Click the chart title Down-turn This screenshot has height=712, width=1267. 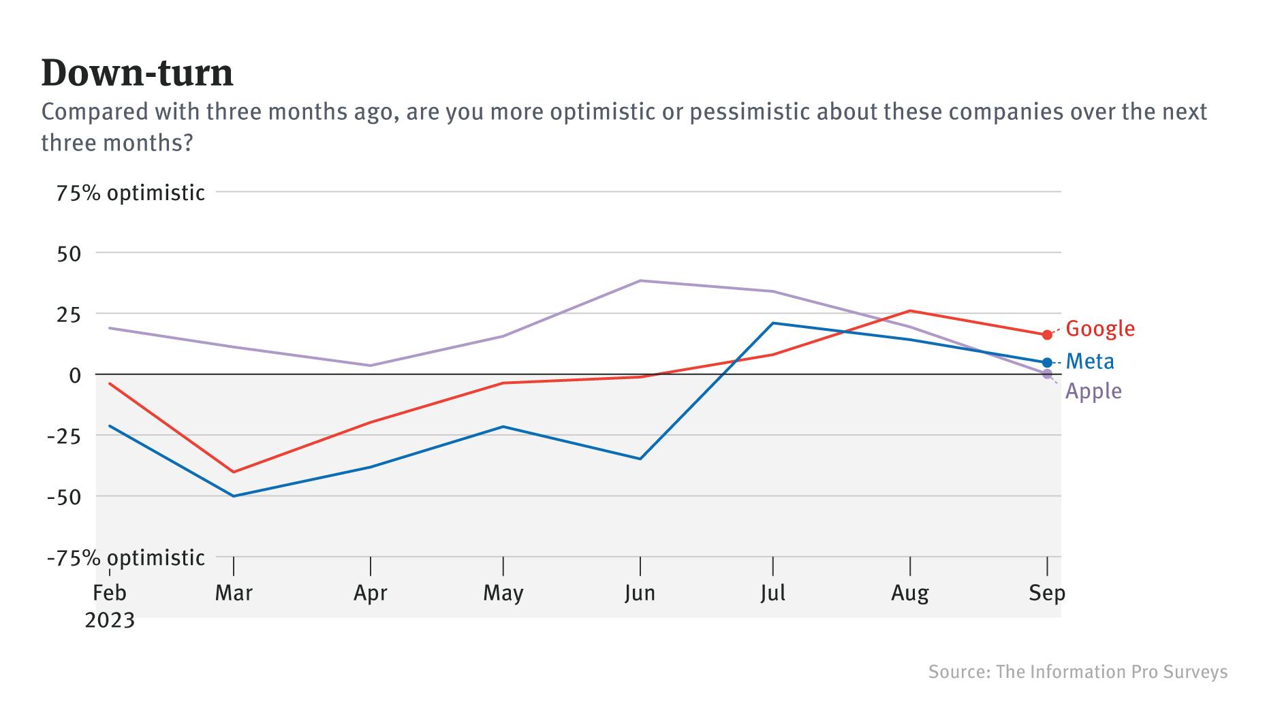tap(137, 73)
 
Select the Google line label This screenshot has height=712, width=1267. tap(1099, 329)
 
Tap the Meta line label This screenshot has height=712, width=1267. tap(1090, 361)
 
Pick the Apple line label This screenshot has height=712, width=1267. tap(1093, 391)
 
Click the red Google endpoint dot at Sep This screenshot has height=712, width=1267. tap(1047, 335)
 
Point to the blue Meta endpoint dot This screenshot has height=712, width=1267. tap(1047, 363)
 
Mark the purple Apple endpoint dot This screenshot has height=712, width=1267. tap(1047, 374)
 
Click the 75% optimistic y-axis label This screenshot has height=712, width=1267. tap(130, 193)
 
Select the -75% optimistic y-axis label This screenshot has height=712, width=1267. tap(125, 558)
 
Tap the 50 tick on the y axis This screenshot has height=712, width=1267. tap(69, 254)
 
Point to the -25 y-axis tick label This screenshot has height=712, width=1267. tap(63, 436)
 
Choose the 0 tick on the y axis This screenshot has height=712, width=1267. tap(74, 375)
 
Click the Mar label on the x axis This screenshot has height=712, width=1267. tap(234, 594)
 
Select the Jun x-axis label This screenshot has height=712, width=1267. tap(640, 594)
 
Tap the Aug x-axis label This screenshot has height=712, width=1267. tap(910, 594)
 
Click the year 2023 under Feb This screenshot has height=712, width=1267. tap(110, 621)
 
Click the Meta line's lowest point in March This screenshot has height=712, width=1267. tap(234, 496)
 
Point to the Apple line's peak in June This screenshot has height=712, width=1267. tap(640, 280)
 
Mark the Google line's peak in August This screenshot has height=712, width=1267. tap(910, 311)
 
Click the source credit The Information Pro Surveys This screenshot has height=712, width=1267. tap(1078, 672)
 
